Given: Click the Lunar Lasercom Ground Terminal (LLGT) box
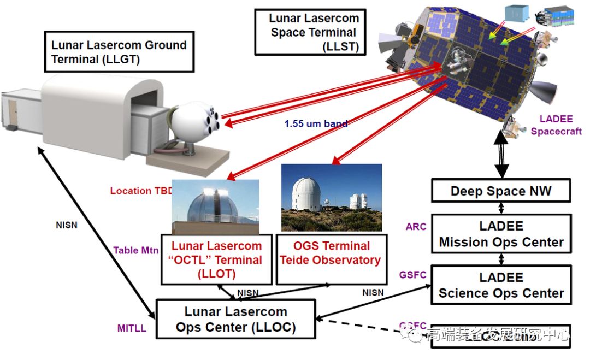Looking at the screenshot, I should coord(119,52).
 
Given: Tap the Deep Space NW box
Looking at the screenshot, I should coord(500,191).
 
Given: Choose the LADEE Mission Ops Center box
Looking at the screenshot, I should coord(500,234).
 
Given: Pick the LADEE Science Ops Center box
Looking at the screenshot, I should coord(500,285).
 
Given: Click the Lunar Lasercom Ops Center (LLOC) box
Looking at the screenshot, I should coord(235,319).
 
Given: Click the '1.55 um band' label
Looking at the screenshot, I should coord(316,124).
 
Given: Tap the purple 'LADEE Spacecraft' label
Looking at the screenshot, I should coord(556,125).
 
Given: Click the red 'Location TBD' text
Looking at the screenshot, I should coord(141,191).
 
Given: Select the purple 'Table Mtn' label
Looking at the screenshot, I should coord(136,251).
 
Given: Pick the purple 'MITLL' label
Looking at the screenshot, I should coord(132,328).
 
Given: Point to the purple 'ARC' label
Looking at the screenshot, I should coord(416,226).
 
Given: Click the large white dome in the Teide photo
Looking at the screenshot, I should coord(306,194).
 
